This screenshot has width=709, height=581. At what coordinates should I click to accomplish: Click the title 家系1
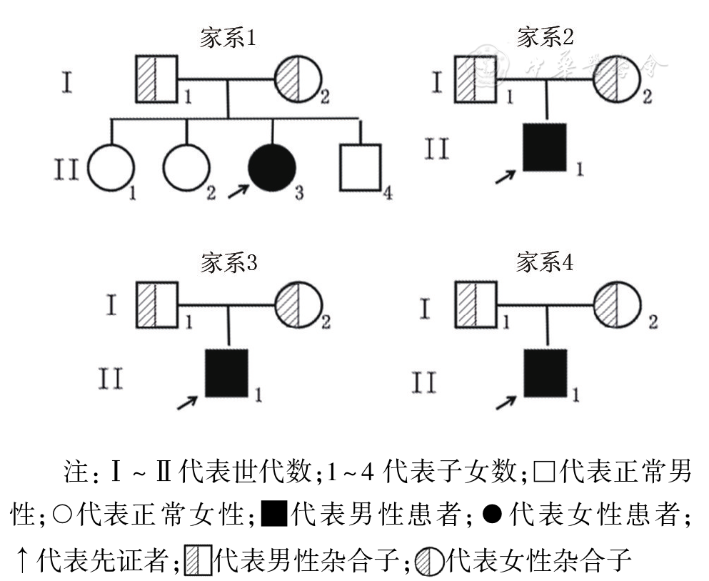click(228, 39)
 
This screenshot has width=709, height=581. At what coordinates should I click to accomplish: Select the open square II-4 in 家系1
click(360, 167)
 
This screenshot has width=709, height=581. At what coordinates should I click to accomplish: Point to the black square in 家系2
click(545, 147)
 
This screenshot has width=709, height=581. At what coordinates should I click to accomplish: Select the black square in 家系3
click(227, 372)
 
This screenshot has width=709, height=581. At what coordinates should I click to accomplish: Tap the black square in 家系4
click(545, 372)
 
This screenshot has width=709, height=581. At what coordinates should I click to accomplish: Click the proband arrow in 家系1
click(238, 191)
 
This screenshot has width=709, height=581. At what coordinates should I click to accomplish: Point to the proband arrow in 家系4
click(506, 402)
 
